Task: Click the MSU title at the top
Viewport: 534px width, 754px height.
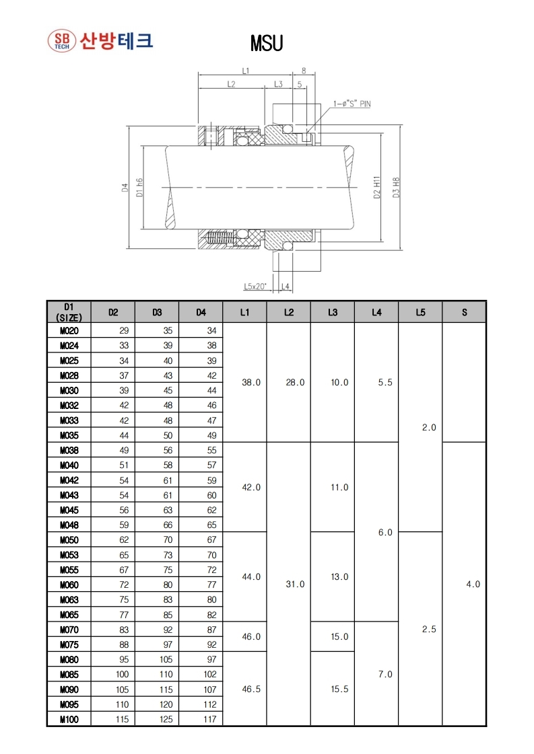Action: tap(267, 44)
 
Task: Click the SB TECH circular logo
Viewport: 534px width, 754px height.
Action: tap(61, 40)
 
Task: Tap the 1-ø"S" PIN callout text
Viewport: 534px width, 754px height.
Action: tap(352, 104)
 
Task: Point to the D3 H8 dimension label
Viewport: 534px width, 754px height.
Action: tap(397, 188)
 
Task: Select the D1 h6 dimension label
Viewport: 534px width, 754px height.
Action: tap(139, 188)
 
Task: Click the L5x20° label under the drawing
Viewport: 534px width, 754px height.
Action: tap(255, 287)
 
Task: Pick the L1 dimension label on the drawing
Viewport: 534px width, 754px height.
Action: tap(245, 71)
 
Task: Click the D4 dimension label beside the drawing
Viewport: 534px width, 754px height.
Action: tap(125, 188)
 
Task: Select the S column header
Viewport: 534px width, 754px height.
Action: tap(464, 312)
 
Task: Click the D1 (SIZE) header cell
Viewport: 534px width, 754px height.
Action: tap(69, 312)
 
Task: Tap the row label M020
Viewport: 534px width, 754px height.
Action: tap(69, 330)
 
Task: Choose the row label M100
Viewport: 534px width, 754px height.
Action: tap(69, 720)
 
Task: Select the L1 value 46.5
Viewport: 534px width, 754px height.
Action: tap(251, 689)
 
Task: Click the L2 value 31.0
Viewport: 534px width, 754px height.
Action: tap(295, 585)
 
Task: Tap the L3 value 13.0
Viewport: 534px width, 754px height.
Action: tap(339, 577)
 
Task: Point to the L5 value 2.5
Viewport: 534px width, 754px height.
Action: tap(429, 630)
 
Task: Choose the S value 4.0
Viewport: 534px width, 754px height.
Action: tap(473, 585)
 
